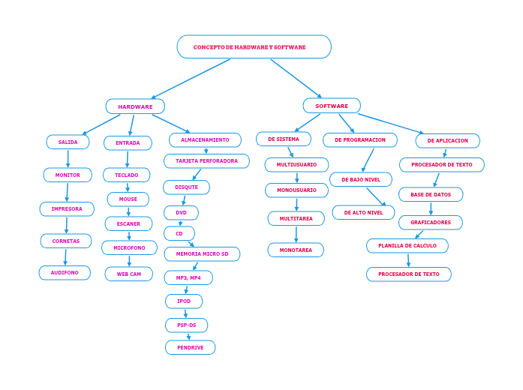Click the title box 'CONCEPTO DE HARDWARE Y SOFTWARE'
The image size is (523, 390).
coord(254,46)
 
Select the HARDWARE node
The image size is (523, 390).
coord(135,106)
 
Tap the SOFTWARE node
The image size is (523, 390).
coord(332,106)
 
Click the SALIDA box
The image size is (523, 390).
coord(68,142)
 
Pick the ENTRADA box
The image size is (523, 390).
coord(128,142)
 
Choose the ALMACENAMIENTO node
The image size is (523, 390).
coord(205,140)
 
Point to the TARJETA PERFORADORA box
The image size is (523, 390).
coord(206,161)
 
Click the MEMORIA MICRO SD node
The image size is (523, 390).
coord(202,254)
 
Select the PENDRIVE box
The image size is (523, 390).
coord(190,347)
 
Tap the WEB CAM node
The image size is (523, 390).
coord(128,274)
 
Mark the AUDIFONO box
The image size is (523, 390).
coord(65,273)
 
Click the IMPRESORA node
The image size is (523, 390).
coord(67,208)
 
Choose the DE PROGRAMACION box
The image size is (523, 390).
coord(360,140)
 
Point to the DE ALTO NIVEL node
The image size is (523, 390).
coord(363,212)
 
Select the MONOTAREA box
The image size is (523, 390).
coord(296,250)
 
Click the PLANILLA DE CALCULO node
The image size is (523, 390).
coord(407,246)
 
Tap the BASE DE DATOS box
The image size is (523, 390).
coord(431,194)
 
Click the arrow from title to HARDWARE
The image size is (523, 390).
coord(191,79)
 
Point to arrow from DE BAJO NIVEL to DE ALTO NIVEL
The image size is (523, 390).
coord(375,196)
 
